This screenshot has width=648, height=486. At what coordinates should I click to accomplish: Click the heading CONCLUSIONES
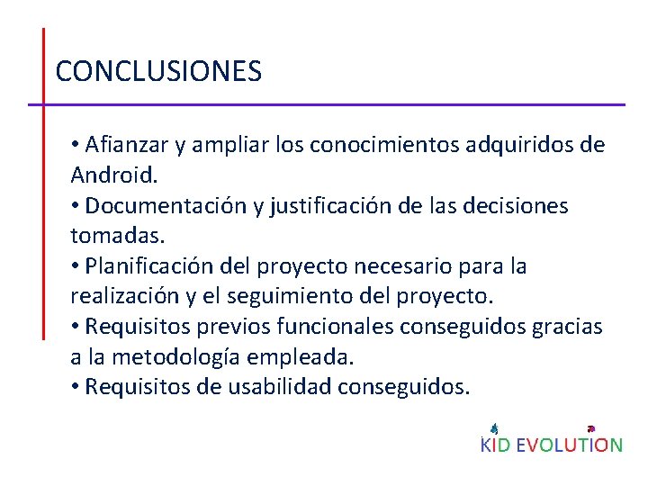[x=158, y=71]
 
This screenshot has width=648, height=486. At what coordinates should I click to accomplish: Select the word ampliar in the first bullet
[x=229, y=145]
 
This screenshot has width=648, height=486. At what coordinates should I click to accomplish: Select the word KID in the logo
[x=496, y=445]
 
